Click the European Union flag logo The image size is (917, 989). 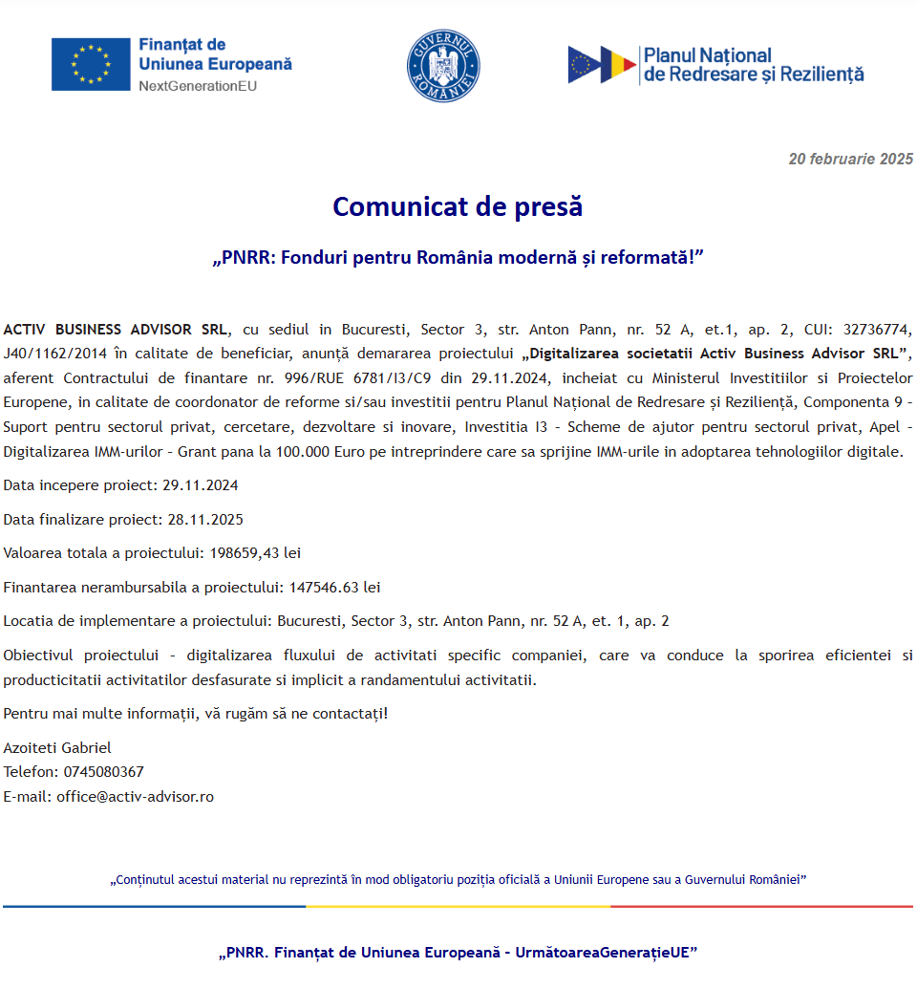[91, 64]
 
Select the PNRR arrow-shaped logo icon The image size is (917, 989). [602, 64]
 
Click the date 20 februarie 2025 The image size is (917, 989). [850, 160]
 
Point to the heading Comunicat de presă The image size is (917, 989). [458, 206]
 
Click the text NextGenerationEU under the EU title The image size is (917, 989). [198, 86]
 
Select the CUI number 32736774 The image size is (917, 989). [877, 330]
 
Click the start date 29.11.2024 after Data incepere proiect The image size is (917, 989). [201, 485]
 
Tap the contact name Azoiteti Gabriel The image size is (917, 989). [57, 748]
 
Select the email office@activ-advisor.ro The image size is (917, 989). [135, 797]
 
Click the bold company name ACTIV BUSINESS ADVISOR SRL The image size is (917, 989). [116, 330]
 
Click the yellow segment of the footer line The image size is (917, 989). [458, 906]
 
